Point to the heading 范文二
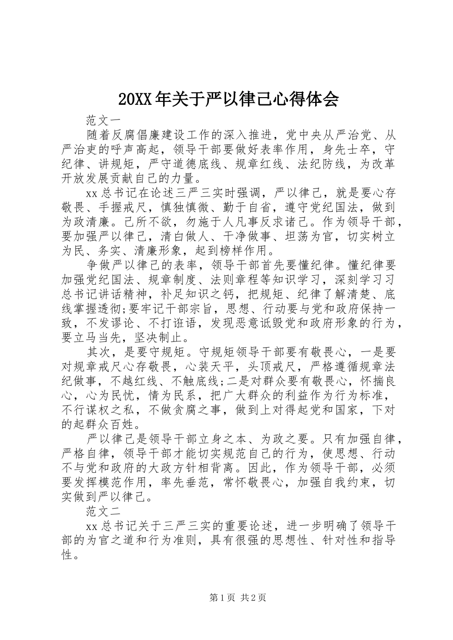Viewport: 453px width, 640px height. click(104, 512)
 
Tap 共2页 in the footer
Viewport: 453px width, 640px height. click(253, 598)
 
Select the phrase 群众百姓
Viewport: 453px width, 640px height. click(110, 423)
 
